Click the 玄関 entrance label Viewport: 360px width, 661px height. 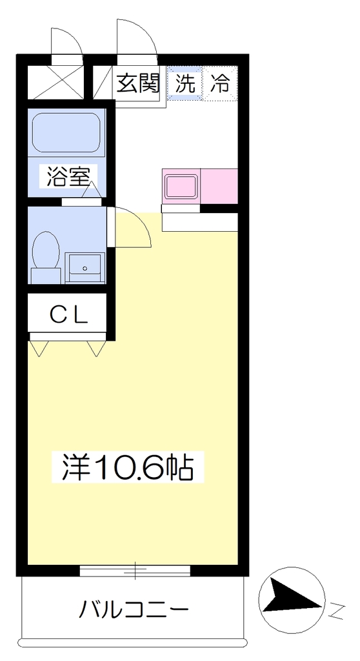tap(138, 83)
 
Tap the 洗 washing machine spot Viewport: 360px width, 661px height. tap(185, 83)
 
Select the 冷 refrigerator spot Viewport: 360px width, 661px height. tap(220, 83)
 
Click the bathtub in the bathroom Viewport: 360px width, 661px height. tap(66, 132)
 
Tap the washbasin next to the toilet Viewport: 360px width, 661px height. tap(85, 268)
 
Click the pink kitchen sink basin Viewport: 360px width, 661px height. tap(181, 187)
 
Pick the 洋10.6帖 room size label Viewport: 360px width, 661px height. tap(127, 467)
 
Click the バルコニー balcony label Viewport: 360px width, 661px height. tap(134, 609)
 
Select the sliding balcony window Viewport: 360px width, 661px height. tap(135, 571)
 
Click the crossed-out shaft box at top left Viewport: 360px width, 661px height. tap(55, 82)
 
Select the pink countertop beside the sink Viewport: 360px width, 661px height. tap(219, 186)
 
